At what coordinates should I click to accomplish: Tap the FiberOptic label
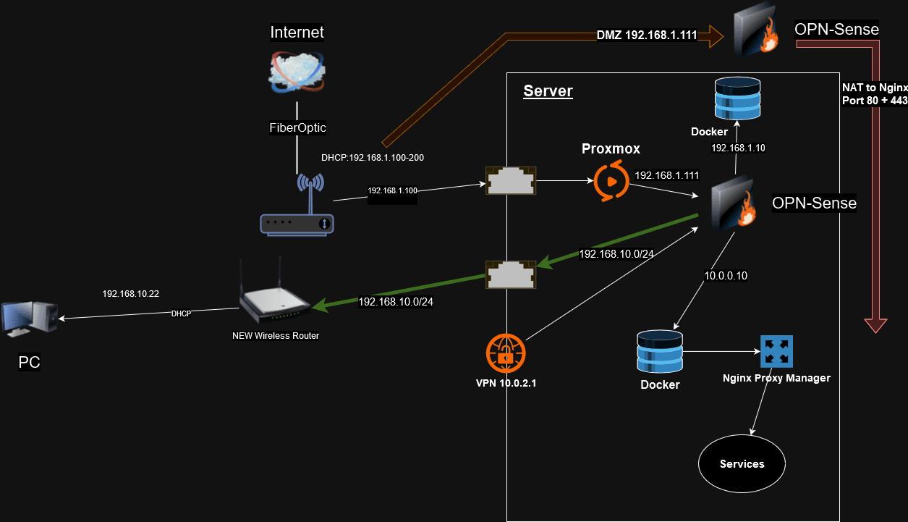pos(297,127)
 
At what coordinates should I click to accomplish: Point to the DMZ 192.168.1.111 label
pos(646,35)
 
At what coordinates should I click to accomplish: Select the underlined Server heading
pos(548,91)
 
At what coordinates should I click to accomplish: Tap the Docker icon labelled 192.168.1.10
pos(738,98)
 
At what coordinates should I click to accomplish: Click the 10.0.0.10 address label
pos(726,276)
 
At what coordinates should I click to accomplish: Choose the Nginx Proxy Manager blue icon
pos(776,351)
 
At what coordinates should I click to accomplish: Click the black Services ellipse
pos(742,463)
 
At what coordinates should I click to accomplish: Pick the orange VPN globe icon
pos(506,353)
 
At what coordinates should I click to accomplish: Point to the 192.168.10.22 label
pos(130,294)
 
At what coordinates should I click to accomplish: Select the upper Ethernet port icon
pos(511,180)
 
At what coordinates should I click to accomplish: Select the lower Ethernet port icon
pos(511,274)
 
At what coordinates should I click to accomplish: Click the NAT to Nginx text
pos(874,88)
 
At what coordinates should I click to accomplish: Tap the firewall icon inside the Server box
pos(732,206)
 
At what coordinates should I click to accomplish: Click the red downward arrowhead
pos(875,325)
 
